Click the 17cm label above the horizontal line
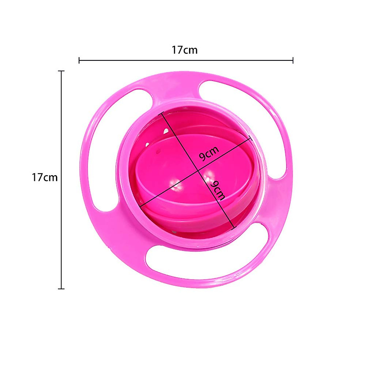[x=184, y=50]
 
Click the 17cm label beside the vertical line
[x=45, y=177]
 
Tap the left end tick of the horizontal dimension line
[x=79, y=60]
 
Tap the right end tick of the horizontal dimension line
[x=293, y=60]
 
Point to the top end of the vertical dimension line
[x=62, y=71]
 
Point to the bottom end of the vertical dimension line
[x=62, y=288]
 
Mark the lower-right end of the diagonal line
[x=234, y=228]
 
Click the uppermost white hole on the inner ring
[x=166, y=131]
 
